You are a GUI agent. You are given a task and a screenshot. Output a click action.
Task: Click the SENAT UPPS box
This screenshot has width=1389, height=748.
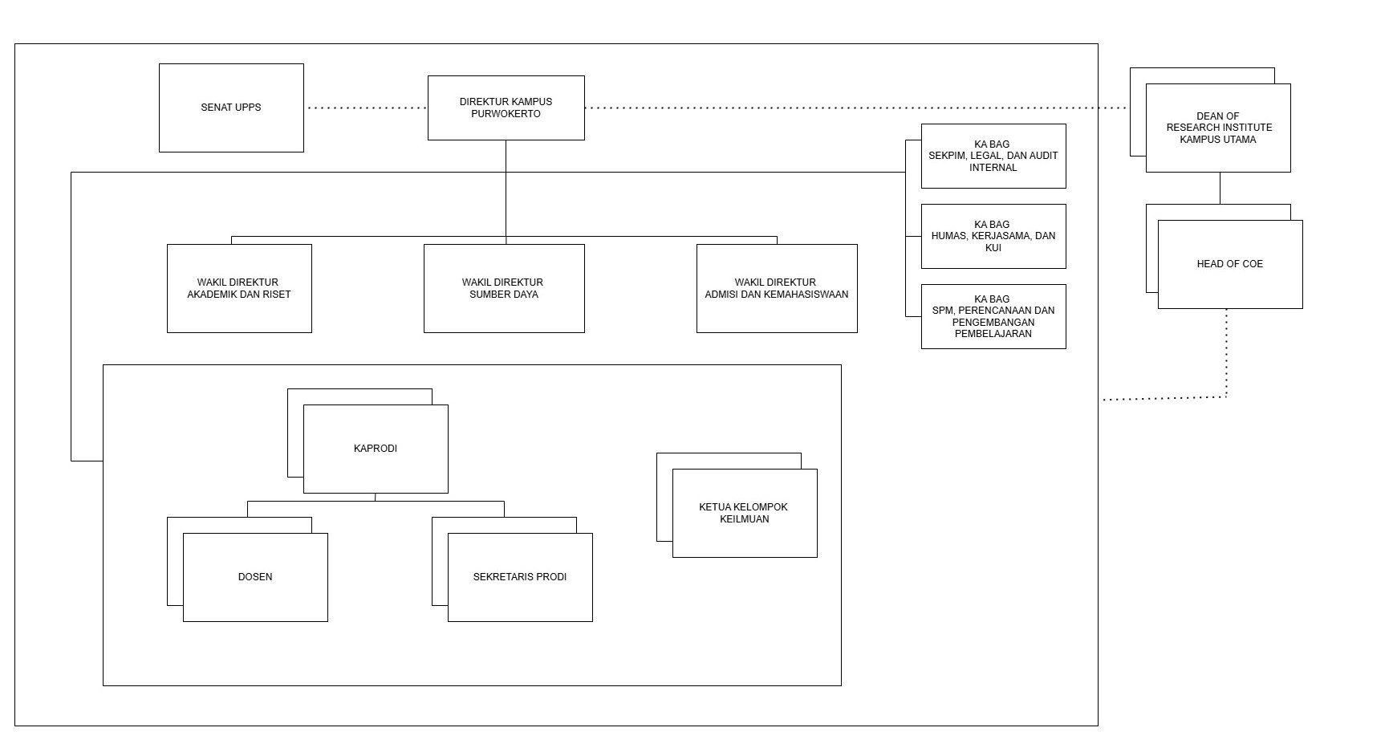(231, 108)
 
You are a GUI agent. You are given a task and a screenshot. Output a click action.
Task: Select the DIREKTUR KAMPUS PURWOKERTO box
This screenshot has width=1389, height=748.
(506, 108)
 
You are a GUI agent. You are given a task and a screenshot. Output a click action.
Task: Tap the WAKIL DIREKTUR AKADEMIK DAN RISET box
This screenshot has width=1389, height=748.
(239, 288)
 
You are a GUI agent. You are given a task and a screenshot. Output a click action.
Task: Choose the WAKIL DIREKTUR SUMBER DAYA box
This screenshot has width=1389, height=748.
(504, 288)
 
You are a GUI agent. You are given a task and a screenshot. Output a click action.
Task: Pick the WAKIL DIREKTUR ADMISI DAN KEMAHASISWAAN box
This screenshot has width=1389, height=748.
(777, 288)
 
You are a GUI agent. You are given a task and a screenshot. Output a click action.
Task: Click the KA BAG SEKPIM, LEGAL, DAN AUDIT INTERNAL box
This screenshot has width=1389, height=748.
(993, 156)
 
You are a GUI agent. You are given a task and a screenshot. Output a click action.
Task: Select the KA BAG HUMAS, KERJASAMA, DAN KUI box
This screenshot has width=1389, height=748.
(993, 236)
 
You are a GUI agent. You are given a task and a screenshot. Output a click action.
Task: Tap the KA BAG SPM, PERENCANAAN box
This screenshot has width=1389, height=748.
(993, 316)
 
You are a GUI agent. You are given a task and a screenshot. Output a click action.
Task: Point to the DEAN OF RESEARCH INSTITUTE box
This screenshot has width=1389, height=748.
(1218, 128)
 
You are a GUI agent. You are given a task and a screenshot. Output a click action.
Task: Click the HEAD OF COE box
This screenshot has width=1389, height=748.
(1230, 264)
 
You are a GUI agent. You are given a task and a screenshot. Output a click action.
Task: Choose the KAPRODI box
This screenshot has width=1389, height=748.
(376, 449)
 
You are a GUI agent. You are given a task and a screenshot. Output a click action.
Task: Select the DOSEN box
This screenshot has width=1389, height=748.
(255, 577)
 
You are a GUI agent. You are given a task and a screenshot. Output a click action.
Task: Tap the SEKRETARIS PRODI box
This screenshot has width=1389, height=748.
(520, 577)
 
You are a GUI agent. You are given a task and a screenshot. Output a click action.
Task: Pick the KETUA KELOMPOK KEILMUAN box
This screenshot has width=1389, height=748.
(745, 513)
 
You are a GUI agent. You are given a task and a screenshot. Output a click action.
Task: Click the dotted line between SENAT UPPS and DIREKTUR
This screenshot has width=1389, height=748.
(366, 108)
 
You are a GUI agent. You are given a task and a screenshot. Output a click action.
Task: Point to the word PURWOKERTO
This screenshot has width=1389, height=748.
(506, 114)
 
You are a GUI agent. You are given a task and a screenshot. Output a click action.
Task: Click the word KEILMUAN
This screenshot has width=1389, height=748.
(745, 519)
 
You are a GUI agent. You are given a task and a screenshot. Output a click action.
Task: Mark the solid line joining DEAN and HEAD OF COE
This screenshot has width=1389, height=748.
(1220, 188)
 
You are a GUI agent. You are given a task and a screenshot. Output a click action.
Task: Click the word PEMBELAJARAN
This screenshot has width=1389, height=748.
(993, 334)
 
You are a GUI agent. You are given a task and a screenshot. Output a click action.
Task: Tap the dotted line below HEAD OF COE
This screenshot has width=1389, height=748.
(1226, 353)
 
